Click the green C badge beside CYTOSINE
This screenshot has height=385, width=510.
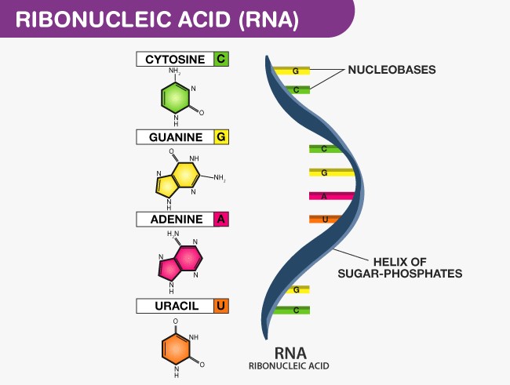[221, 59]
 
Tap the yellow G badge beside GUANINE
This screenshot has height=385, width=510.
[221, 137]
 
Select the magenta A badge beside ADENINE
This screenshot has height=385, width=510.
[221, 220]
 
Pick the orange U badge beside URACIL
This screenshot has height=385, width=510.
[221, 306]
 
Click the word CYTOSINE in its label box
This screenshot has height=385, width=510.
[175, 59]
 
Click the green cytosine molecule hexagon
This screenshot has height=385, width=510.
[177, 97]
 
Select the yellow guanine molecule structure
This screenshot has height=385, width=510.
[180, 180]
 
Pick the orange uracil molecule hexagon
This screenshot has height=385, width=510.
[177, 350]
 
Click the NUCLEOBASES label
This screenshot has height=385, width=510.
[392, 70]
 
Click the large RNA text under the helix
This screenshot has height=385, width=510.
[288, 351]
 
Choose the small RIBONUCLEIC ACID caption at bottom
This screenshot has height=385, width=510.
[288, 366]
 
